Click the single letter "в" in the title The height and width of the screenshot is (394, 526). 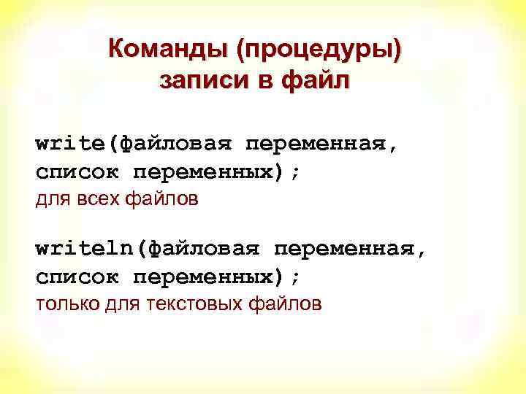[x=260, y=81]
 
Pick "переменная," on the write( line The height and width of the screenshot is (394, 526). [x=322, y=144]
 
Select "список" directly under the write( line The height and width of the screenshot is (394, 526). [x=78, y=173]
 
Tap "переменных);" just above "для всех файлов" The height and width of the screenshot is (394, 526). [x=216, y=173]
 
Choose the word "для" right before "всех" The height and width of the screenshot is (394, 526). [x=53, y=198]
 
